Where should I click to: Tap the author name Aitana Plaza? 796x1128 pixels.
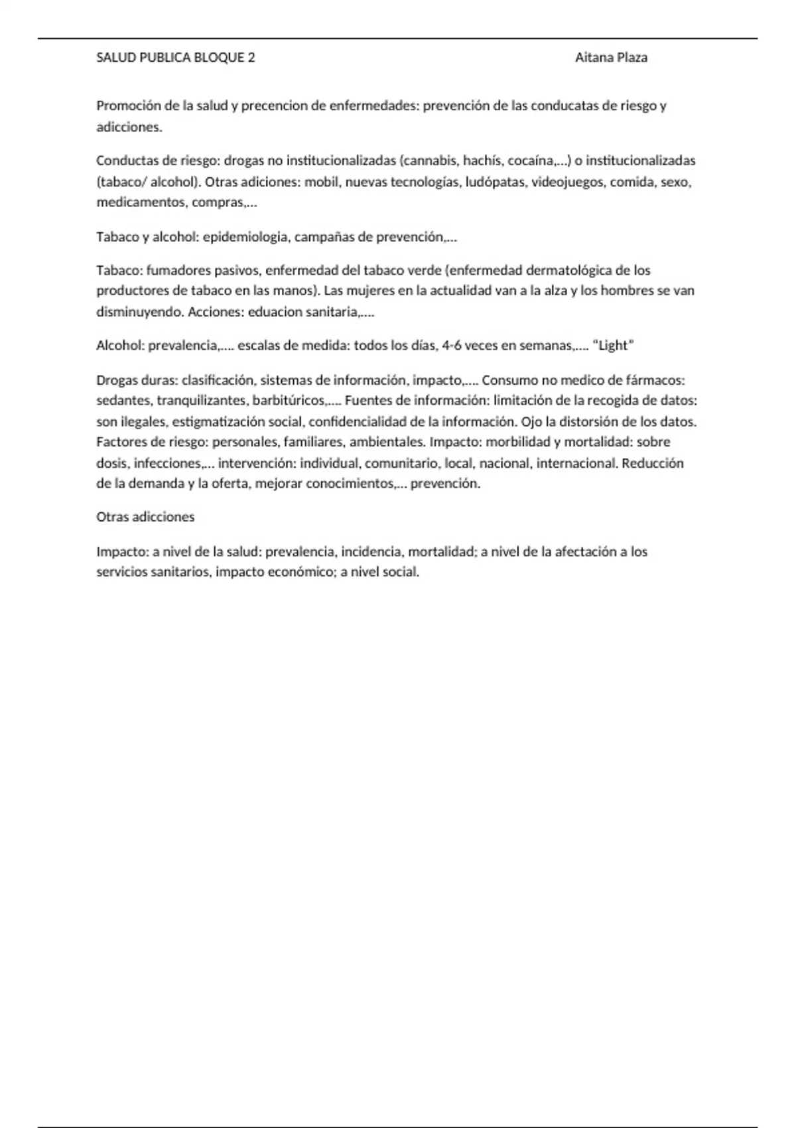(611, 58)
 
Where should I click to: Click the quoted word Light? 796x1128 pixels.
(613, 346)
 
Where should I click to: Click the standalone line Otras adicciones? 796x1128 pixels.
(145, 517)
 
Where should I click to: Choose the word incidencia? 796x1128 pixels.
(371, 551)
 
